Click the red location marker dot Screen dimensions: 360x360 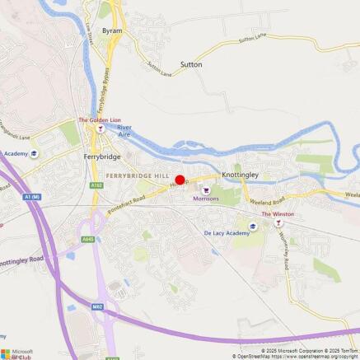(x=180, y=180)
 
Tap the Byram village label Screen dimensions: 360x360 (x=112, y=30)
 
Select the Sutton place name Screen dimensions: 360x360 (x=190, y=63)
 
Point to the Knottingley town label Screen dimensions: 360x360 (x=240, y=175)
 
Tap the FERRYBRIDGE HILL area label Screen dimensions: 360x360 (x=137, y=176)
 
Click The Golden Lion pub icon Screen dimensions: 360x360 (x=100, y=129)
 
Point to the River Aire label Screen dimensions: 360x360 (x=124, y=131)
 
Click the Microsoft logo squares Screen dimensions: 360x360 (x=6, y=353)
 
